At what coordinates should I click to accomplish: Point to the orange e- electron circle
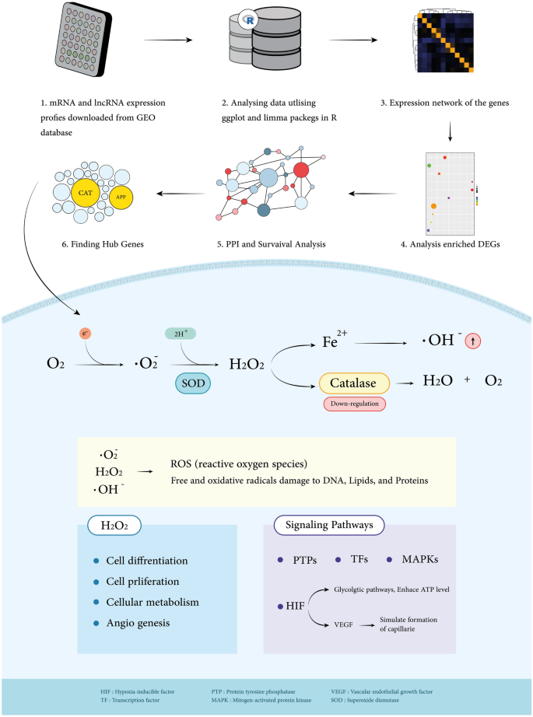(x=87, y=334)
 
